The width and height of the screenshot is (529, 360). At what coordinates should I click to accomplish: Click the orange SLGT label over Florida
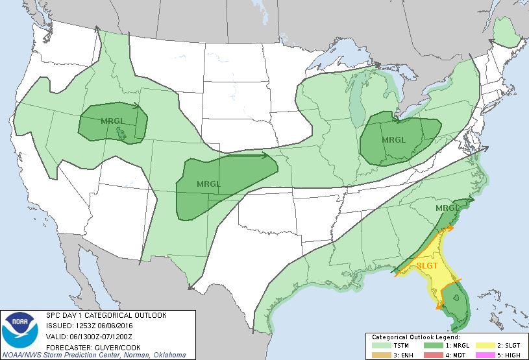click(x=428, y=265)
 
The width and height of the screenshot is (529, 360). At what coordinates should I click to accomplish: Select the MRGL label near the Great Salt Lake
click(x=112, y=120)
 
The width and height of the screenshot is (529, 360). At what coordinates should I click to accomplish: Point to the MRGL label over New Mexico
click(x=208, y=184)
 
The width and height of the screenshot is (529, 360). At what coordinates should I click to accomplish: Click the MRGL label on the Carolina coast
click(x=448, y=208)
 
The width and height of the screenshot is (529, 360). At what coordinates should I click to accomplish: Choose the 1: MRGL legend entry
click(x=447, y=345)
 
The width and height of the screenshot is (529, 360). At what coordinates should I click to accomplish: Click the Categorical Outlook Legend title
click(x=415, y=337)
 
